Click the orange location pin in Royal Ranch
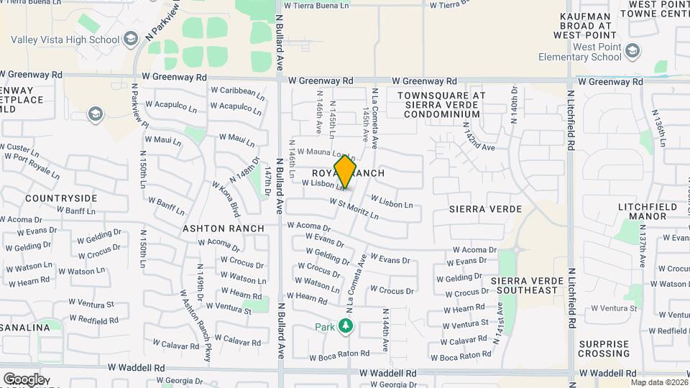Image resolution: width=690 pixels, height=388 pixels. coord(346,171)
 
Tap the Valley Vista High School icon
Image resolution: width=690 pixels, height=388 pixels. coord(131,37)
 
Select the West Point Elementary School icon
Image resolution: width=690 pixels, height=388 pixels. coord(632,50)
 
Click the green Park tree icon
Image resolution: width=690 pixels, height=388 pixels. coord(346,327)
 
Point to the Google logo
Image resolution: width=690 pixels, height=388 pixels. coord(24,379)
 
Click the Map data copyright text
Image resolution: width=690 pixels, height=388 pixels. coord(659,382)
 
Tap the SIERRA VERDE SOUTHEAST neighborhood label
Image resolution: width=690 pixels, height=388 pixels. coord(525,285)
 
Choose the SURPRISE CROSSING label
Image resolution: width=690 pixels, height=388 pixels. coord(604,348)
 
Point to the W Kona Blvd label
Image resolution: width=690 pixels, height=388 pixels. coord(225,199)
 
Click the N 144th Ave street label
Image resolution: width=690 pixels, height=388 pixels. coord(385,331)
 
